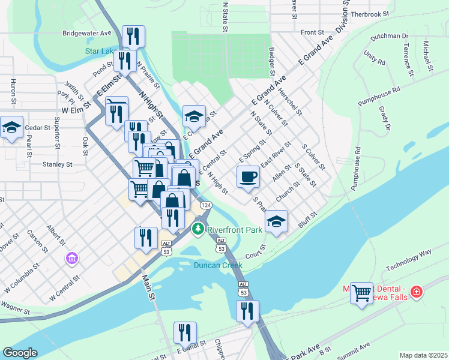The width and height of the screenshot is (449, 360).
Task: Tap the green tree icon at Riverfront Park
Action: pos(197,229)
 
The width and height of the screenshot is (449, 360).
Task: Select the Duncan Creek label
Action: pos(218,265)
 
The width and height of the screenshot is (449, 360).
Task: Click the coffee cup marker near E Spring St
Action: pos(249,177)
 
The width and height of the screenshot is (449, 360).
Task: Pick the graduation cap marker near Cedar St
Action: pos(11,127)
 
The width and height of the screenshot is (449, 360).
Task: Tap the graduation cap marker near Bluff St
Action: pos(276,221)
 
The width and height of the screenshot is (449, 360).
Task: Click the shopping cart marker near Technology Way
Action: pos(361,293)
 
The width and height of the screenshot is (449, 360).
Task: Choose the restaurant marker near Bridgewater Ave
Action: pos(133,37)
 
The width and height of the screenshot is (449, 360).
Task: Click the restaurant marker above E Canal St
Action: pos(185,334)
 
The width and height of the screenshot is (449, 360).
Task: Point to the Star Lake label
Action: pos(99,51)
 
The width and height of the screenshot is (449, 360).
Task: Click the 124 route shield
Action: pos(206,205)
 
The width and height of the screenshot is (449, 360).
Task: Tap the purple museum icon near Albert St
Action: pos(71,259)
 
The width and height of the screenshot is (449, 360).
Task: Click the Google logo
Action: pos(20,353)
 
